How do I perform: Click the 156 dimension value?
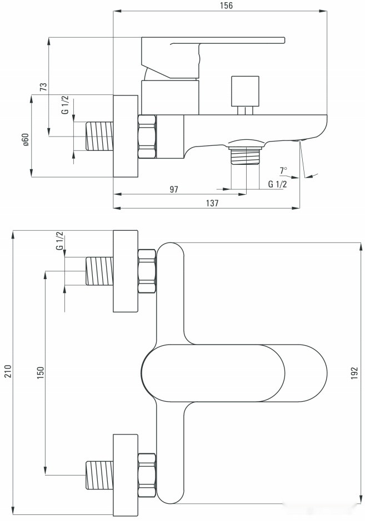226,6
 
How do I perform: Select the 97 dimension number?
174,189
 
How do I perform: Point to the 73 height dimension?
43,87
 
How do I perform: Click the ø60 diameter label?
25,139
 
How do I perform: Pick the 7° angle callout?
284,170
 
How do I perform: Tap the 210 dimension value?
7,371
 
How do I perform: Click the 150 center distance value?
40,371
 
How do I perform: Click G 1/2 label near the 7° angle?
277,184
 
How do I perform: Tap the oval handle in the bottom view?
213,372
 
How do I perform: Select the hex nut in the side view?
147,136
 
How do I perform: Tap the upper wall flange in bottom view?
125,271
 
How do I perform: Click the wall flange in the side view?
125,136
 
